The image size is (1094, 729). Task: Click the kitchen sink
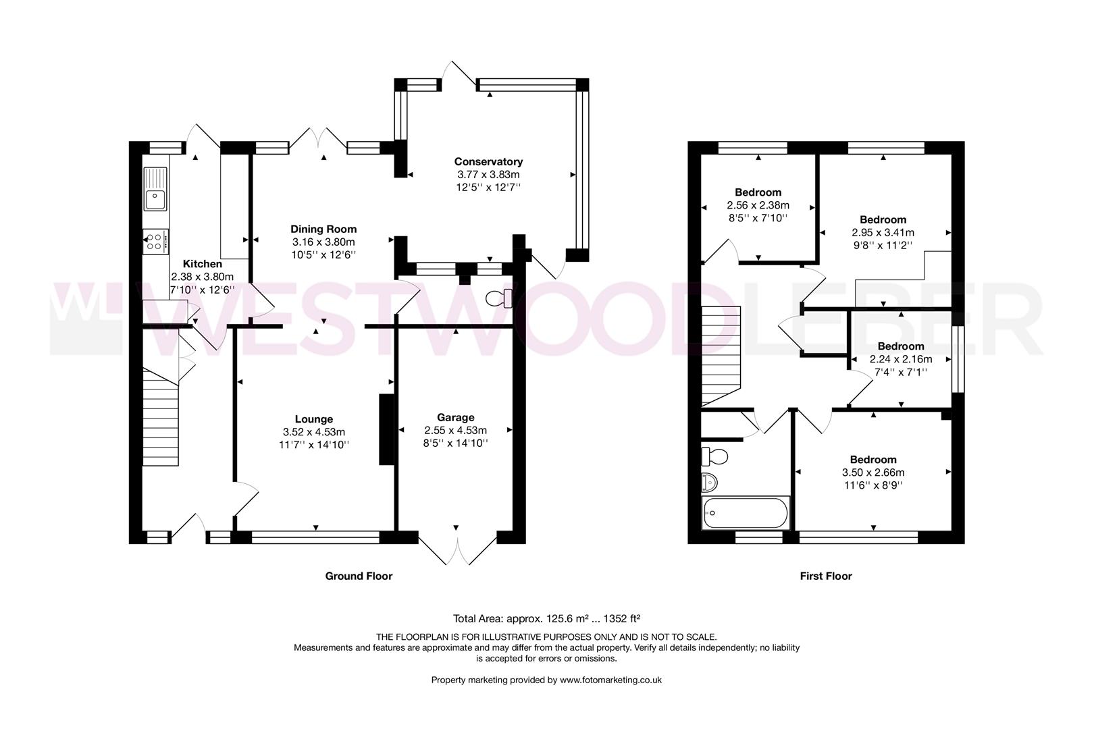(155, 189)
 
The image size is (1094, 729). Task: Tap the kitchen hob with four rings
(155, 242)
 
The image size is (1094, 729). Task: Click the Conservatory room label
(488, 161)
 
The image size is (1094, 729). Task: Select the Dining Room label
(323, 229)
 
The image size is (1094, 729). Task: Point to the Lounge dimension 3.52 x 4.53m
(314, 432)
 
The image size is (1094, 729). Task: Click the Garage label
(456, 417)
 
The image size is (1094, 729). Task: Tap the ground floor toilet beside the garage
(499, 298)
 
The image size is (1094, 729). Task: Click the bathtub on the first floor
(746, 513)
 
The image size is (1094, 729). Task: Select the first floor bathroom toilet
(714, 456)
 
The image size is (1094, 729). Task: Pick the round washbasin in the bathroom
(710, 483)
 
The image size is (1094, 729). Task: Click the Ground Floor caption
(359, 576)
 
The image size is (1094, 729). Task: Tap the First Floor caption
(826, 576)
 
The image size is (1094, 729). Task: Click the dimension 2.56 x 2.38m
(758, 206)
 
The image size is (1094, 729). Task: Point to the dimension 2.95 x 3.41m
(883, 233)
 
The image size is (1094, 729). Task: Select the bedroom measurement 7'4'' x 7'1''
(901, 372)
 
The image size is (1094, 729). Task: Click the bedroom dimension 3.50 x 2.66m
(873, 473)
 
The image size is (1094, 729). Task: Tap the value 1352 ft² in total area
(622, 619)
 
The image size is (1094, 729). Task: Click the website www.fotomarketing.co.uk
(610, 680)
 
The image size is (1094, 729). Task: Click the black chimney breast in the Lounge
(386, 429)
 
